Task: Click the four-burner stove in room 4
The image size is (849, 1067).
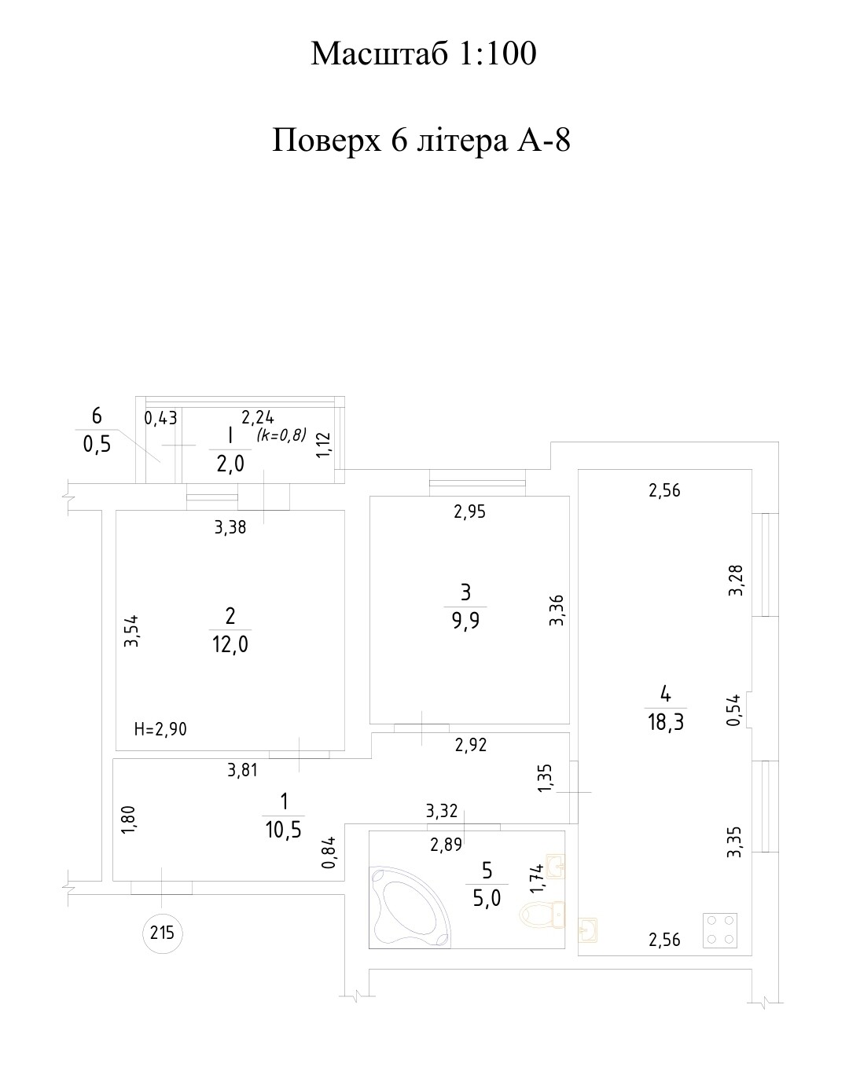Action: tap(719, 930)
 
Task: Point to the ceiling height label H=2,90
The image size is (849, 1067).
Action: tap(161, 729)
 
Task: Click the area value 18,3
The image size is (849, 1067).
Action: tap(665, 722)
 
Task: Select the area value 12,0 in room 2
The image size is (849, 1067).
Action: tap(231, 645)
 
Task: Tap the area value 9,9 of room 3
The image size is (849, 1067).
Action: tap(465, 620)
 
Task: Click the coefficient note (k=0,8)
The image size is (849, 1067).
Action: tap(281, 434)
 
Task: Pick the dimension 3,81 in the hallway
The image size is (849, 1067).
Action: tap(242, 770)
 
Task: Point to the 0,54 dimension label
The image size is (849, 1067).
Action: tap(733, 710)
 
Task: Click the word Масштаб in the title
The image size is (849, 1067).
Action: tap(380, 53)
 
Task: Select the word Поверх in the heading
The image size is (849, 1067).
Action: tap(327, 141)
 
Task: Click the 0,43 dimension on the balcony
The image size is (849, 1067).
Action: tap(160, 418)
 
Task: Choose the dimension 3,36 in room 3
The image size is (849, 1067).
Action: tap(557, 610)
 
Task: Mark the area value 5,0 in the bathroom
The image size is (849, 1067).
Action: tap(487, 898)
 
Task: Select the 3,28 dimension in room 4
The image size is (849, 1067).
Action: tap(735, 580)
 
